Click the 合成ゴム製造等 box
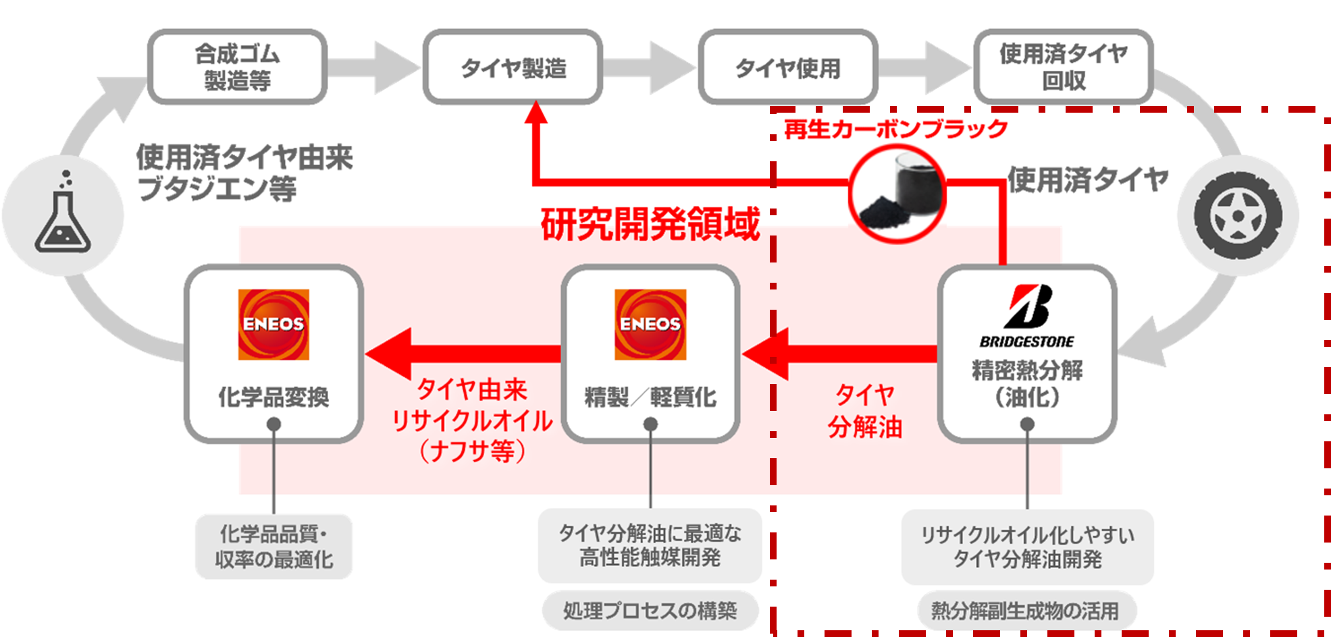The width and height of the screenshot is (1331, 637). click(237, 67)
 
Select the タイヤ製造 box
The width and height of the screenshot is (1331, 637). click(513, 67)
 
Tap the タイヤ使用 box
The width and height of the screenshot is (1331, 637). click(788, 67)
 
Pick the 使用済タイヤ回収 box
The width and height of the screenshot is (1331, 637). click(1064, 67)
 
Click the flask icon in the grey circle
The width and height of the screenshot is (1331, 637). click(62, 216)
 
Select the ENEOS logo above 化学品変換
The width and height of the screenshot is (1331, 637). click(273, 325)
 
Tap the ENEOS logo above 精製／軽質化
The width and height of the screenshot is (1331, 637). click(650, 325)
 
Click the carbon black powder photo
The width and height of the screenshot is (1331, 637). click(897, 194)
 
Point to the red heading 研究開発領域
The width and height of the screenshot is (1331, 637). click(650, 225)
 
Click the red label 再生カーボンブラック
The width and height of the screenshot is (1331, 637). click(895, 128)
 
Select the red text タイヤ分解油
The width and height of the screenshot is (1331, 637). click(865, 410)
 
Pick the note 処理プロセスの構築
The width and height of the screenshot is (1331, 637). click(650, 611)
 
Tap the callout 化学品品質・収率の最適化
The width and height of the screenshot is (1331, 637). click(273, 547)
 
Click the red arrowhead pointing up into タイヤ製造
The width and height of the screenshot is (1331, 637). click(536, 113)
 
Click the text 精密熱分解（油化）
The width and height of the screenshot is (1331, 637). click(1027, 383)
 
